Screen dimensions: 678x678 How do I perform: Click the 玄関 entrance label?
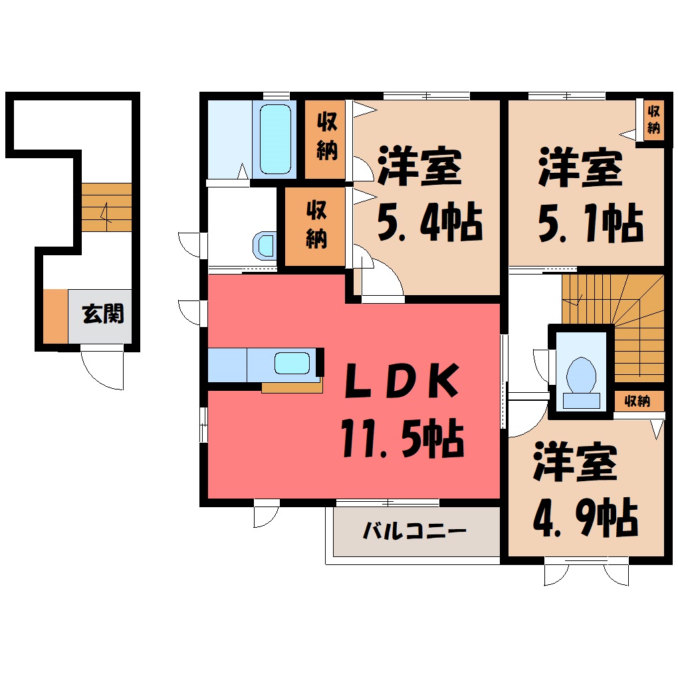point(103,314)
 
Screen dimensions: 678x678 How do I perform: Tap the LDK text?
point(401,381)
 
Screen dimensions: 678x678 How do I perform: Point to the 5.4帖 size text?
point(430,221)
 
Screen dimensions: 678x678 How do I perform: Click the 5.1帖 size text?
point(591,223)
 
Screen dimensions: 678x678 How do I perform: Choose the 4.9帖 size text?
point(586,517)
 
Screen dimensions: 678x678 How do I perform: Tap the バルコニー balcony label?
point(415,530)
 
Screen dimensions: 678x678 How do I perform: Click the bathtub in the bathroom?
point(275,139)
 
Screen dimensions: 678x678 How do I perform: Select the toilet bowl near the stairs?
point(581,376)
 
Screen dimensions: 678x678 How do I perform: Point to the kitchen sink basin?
point(292,363)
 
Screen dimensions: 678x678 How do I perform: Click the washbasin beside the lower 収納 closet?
point(265,245)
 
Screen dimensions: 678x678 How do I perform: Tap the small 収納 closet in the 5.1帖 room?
point(653,120)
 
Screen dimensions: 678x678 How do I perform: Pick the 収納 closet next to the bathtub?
point(325,139)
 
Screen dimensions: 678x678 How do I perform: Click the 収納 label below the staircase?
point(638,401)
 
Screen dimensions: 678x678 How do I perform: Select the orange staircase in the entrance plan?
point(106,207)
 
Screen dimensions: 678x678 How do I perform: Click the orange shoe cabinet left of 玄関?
point(55,316)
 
